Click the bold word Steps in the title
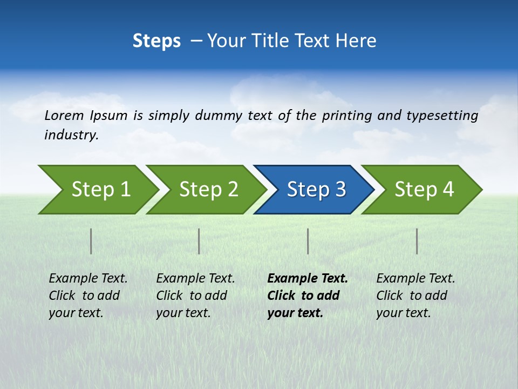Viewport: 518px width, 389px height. pyautogui.click(x=156, y=41)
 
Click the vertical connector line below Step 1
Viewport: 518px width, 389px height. pyautogui.click(x=91, y=241)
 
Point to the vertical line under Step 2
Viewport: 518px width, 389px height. pyautogui.click(x=199, y=241)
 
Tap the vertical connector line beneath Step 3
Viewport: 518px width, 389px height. pyautogui.click(x=308, y=241)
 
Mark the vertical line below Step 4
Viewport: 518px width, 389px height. pyautogui.click(x=417, y=241)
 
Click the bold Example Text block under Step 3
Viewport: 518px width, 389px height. pyautogui.click(x=307, y=296)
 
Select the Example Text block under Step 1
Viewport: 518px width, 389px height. pyautogui.click(x=88, y=296)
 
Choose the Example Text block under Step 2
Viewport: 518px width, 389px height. pyautogui.click(x=195, y=296)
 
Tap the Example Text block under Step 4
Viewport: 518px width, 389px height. pyautogui.click(x=415, y=296)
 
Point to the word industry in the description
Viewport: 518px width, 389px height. pyautogui.click(x=71, y=135)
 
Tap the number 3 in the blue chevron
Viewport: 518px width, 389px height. pyautogui.click(x=340, y=190)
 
